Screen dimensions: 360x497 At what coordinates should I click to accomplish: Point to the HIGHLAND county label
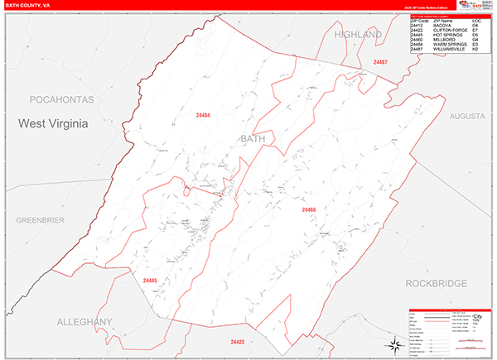click(x=358, y=35)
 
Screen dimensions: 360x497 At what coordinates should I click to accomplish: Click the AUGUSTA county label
click(x=466, y=117)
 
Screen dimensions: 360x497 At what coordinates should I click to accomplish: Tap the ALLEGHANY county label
click(x=84, y=321)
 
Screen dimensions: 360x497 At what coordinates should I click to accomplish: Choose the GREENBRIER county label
click(x=41, y=220)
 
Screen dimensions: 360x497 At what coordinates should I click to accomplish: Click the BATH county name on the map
click(x=253, y=139)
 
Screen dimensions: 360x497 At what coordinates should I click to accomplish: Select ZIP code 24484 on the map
click(x=202, y=114)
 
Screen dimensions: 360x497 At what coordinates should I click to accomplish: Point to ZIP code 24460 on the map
click(x=308, y=210)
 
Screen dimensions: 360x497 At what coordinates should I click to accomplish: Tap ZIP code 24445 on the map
click(x=150, y=281)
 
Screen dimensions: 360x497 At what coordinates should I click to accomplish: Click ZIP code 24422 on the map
click(x=238, y=342)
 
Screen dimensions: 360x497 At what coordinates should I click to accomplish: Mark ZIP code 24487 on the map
click(x=380, y=63)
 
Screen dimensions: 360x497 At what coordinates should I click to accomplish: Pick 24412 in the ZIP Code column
click(x=417, y=25)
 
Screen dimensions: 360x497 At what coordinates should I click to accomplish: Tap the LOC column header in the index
click(x=476, y=20)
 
